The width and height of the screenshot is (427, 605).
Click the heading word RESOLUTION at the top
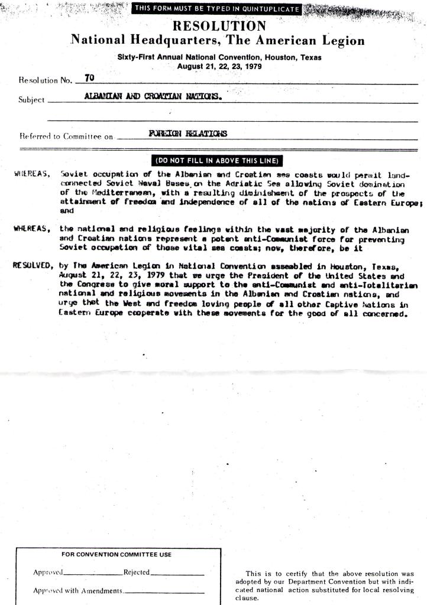point(218,26)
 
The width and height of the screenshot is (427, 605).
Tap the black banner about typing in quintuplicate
point(216,8)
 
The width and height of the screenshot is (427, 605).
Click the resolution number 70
point(89,78)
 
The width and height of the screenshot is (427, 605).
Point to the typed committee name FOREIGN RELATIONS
point(187,134)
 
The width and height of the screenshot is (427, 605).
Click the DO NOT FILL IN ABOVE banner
point(218,160)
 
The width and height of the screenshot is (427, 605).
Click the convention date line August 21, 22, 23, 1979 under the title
point(219,66)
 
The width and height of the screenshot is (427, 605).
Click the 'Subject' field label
point(32,100)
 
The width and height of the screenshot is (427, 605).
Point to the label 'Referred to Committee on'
point(66,136)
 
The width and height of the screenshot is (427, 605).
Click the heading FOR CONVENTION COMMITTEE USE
point(117,554)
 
